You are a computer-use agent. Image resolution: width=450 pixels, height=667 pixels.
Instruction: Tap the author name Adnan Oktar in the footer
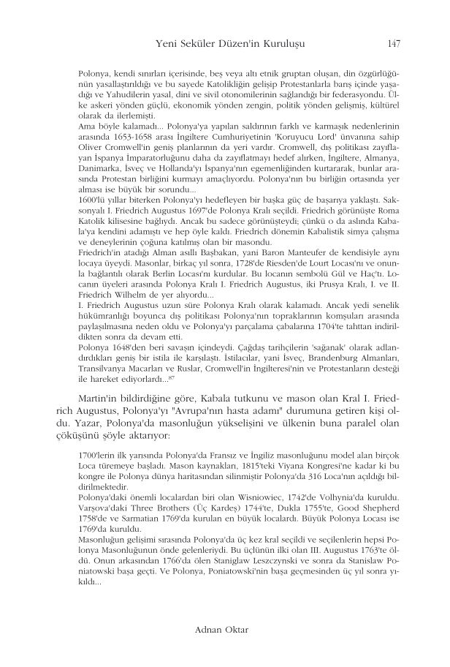pyautogui.click(x=225, y=628)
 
